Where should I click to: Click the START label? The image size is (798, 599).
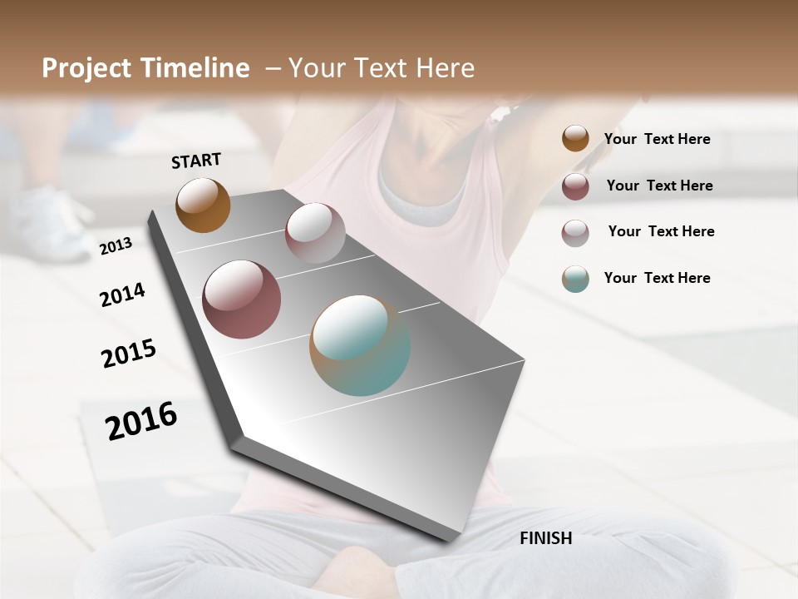pos(196,161)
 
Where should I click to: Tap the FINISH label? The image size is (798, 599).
pos(545,538)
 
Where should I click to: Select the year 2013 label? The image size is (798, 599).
pos(116,246)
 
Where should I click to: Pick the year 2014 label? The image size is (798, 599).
pos(122,295)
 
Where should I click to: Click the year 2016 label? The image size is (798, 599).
pos(141,421)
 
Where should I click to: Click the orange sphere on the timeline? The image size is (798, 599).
pos(203,205)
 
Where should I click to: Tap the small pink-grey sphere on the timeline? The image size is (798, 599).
pos(315,233)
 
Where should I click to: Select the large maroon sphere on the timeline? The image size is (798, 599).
pos(241,299)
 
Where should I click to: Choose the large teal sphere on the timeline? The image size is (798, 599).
pos(360,345)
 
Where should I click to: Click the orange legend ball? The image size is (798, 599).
pos(575,138)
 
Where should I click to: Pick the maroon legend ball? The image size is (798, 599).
pos(575,186)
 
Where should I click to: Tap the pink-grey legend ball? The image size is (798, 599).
pos(575,233)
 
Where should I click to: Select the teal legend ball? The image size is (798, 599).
pos(575,279)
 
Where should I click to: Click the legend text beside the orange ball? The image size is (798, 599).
pos(657,139)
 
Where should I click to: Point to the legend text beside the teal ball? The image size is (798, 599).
pos(657,278)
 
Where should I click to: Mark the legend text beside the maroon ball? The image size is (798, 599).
pos(659,186)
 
